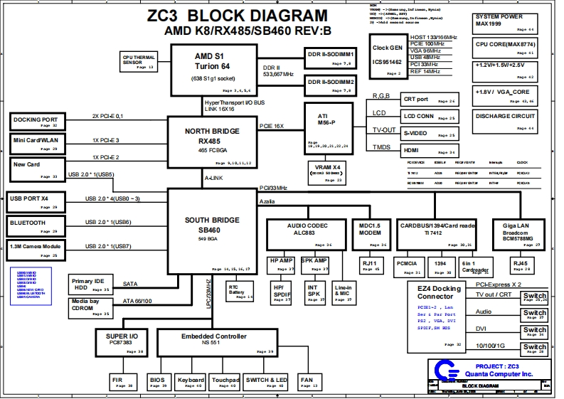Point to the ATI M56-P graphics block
(x=327, y=125)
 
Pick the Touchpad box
(x=225, y=383)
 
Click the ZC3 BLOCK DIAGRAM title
(x=238, y=16)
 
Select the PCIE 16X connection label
(x=272, y=126)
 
